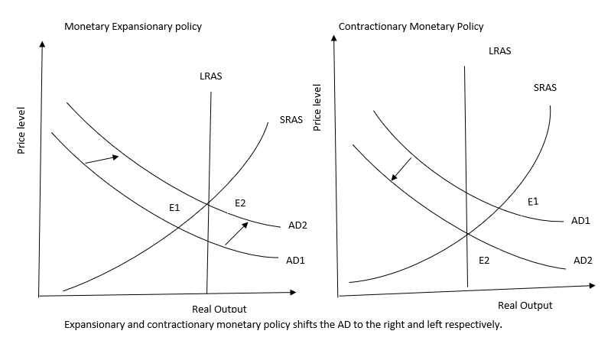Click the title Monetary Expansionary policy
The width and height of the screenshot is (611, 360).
(133, 27)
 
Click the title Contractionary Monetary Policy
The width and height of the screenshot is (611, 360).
(411, 27)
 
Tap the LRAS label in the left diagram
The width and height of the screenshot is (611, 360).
(210, 77)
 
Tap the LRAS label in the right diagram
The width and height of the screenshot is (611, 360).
(499, 51)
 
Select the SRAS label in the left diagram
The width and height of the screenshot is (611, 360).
(291, 120)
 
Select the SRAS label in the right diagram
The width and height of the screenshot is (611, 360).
(544, 87)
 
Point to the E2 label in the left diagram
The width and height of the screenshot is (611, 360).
(240, 202)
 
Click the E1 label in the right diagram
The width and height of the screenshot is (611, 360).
(533, 202)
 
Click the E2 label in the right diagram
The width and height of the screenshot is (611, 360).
(484, 261)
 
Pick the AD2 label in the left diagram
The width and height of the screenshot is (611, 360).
(298, 226)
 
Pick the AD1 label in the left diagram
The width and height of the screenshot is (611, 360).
(295, 260)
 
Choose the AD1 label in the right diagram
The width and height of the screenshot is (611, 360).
(580, 220)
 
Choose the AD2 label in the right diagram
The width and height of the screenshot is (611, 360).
(583, 261)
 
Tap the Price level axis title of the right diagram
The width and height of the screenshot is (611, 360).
(318, 108)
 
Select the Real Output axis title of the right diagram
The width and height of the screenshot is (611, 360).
(525, 305)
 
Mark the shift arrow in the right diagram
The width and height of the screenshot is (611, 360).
(401, 170)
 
